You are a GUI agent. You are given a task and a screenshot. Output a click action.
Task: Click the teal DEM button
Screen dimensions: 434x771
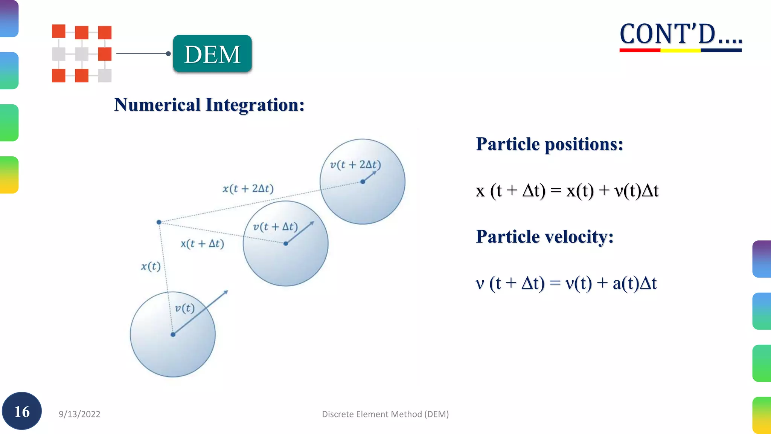(212, 54)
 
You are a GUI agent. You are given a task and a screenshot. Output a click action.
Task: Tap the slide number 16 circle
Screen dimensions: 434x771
(22, 411)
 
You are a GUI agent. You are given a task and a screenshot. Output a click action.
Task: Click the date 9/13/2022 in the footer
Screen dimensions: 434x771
(79, 414)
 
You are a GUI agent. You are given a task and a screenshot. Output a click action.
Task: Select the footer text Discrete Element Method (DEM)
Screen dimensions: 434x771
(385, 414)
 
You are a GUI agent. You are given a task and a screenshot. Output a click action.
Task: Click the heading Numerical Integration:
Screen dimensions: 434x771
(209, 105)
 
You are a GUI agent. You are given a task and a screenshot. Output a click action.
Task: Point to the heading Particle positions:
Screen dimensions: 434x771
(549, 144)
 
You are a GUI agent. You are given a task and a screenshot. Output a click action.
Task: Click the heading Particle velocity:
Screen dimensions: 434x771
(544, 237)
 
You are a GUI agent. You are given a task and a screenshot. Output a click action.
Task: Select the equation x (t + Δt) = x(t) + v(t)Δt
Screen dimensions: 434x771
(567, 191)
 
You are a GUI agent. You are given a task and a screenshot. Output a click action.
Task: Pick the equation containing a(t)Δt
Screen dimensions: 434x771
(566, 283)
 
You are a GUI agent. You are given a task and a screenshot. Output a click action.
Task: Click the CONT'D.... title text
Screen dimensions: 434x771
(680, 34)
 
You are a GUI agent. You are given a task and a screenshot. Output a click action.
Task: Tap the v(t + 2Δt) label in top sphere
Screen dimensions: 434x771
(355, 165)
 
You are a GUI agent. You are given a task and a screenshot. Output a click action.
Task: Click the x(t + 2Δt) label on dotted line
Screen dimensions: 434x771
(248, 188)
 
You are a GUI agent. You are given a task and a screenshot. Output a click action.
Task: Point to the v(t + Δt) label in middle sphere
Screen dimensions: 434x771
(275, 227)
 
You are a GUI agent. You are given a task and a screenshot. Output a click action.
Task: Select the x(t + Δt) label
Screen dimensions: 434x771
(202, 244)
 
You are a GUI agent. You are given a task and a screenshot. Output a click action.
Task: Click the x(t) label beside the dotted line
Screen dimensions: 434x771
(151, 266)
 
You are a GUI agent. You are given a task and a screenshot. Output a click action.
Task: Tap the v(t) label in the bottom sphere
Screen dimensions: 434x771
(184, 308)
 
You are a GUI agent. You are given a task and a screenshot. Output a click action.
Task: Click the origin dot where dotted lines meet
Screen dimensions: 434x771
(159, 222)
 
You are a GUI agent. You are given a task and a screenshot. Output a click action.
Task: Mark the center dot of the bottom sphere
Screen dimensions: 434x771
(173, 335)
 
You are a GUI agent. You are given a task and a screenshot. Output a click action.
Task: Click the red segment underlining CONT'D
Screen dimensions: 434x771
(640, 50)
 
